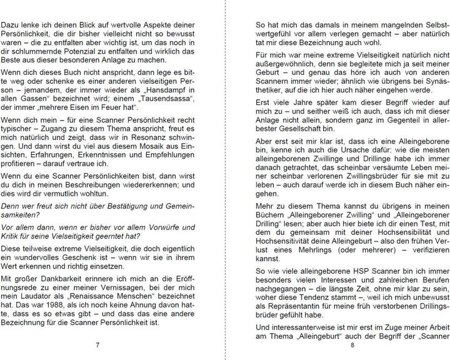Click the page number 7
click(x=97, y=346)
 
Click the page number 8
click(x=352, y=346)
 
